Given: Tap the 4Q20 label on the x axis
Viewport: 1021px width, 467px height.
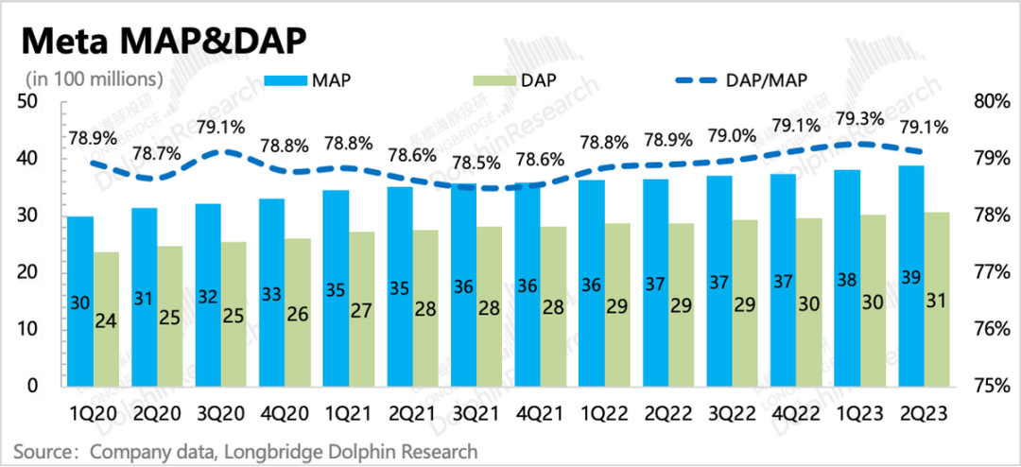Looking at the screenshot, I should coord(285,412).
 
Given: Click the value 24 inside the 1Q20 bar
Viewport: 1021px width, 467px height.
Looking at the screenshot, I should coord(107,320).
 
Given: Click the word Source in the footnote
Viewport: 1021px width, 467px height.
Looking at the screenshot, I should coord(40,451).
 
